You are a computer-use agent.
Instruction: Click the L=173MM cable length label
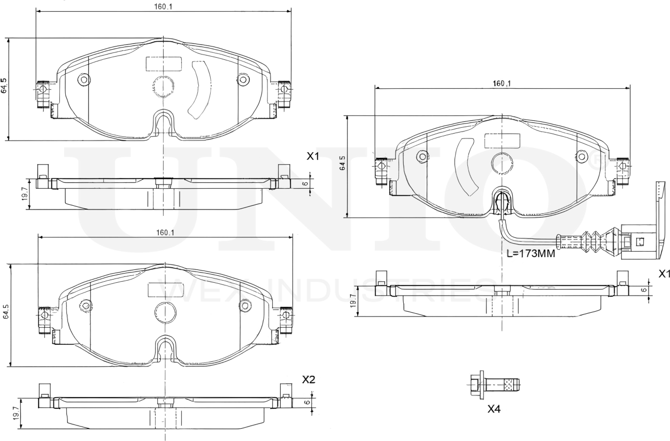tap(530, 254)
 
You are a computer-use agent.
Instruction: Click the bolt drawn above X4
tap(495, 384)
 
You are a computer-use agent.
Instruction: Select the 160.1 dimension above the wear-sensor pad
tap(502, 83)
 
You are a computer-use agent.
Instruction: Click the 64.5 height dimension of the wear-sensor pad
tap(342, 164)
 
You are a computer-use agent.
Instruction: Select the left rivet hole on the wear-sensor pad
tap(422, 157)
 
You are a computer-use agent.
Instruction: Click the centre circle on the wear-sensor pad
tap(502, 163)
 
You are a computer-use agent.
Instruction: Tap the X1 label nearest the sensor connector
tap(664, 274)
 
